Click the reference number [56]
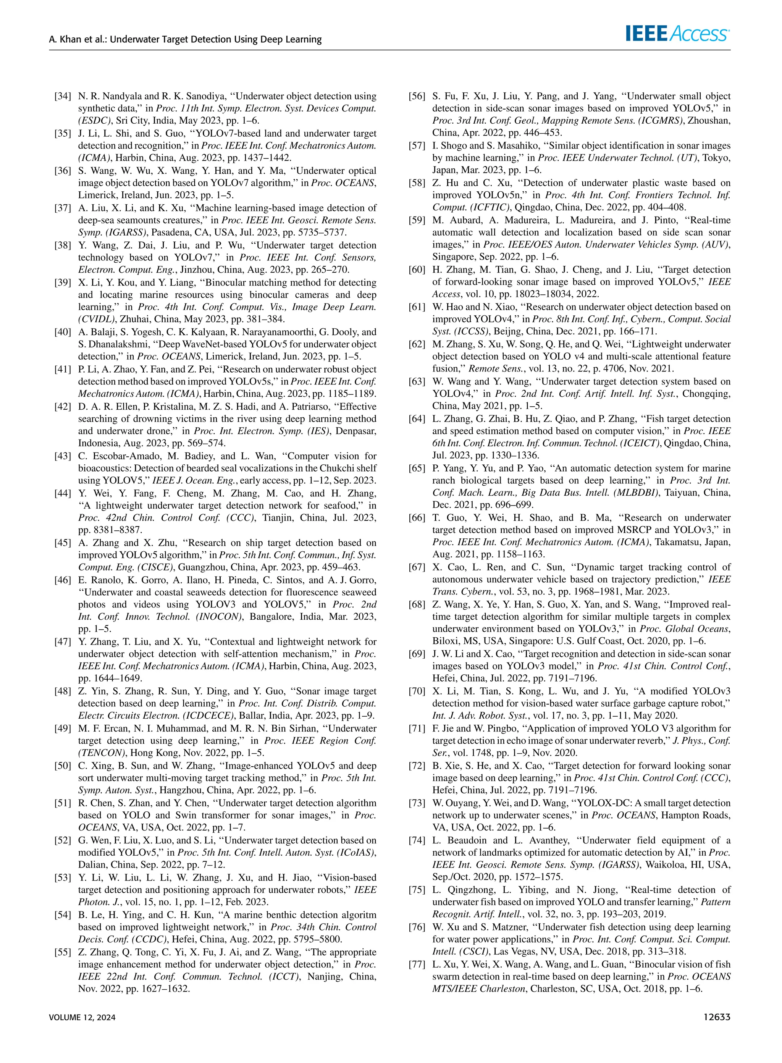click(x=417, y=97)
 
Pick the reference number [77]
click(x=417, y=964)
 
